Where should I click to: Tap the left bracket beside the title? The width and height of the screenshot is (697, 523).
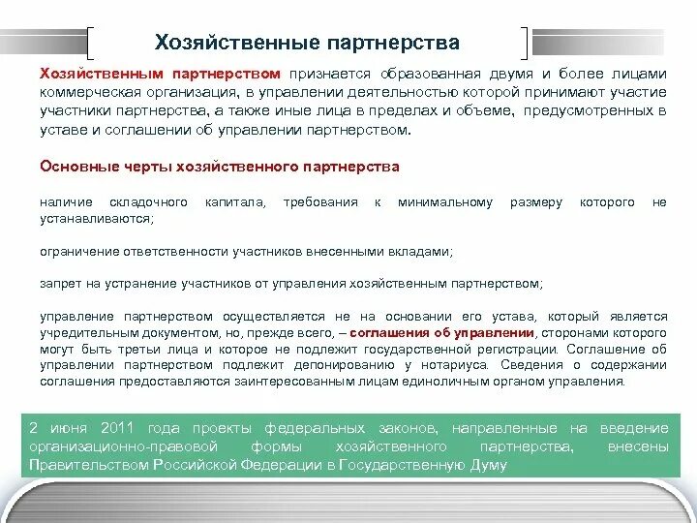90,44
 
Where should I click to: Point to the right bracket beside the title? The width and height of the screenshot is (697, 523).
525,44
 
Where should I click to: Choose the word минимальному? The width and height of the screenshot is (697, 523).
446,202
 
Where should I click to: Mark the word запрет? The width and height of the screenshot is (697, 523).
59,284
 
